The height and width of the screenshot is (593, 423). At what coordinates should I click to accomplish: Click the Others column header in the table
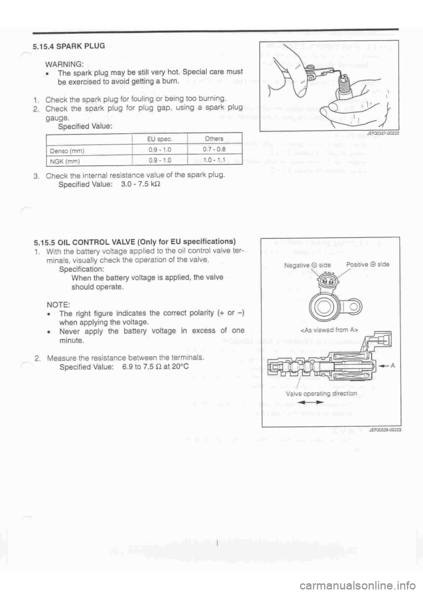214,138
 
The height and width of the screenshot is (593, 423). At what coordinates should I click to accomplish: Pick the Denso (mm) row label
67,150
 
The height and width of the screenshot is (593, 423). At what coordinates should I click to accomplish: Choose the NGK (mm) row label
65,161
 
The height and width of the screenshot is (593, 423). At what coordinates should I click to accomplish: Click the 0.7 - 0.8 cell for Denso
214,149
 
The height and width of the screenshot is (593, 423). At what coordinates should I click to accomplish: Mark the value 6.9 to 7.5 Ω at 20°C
154,366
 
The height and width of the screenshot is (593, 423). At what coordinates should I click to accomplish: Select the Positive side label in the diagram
367,264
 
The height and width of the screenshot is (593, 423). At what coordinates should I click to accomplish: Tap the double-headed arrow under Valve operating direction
309,402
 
